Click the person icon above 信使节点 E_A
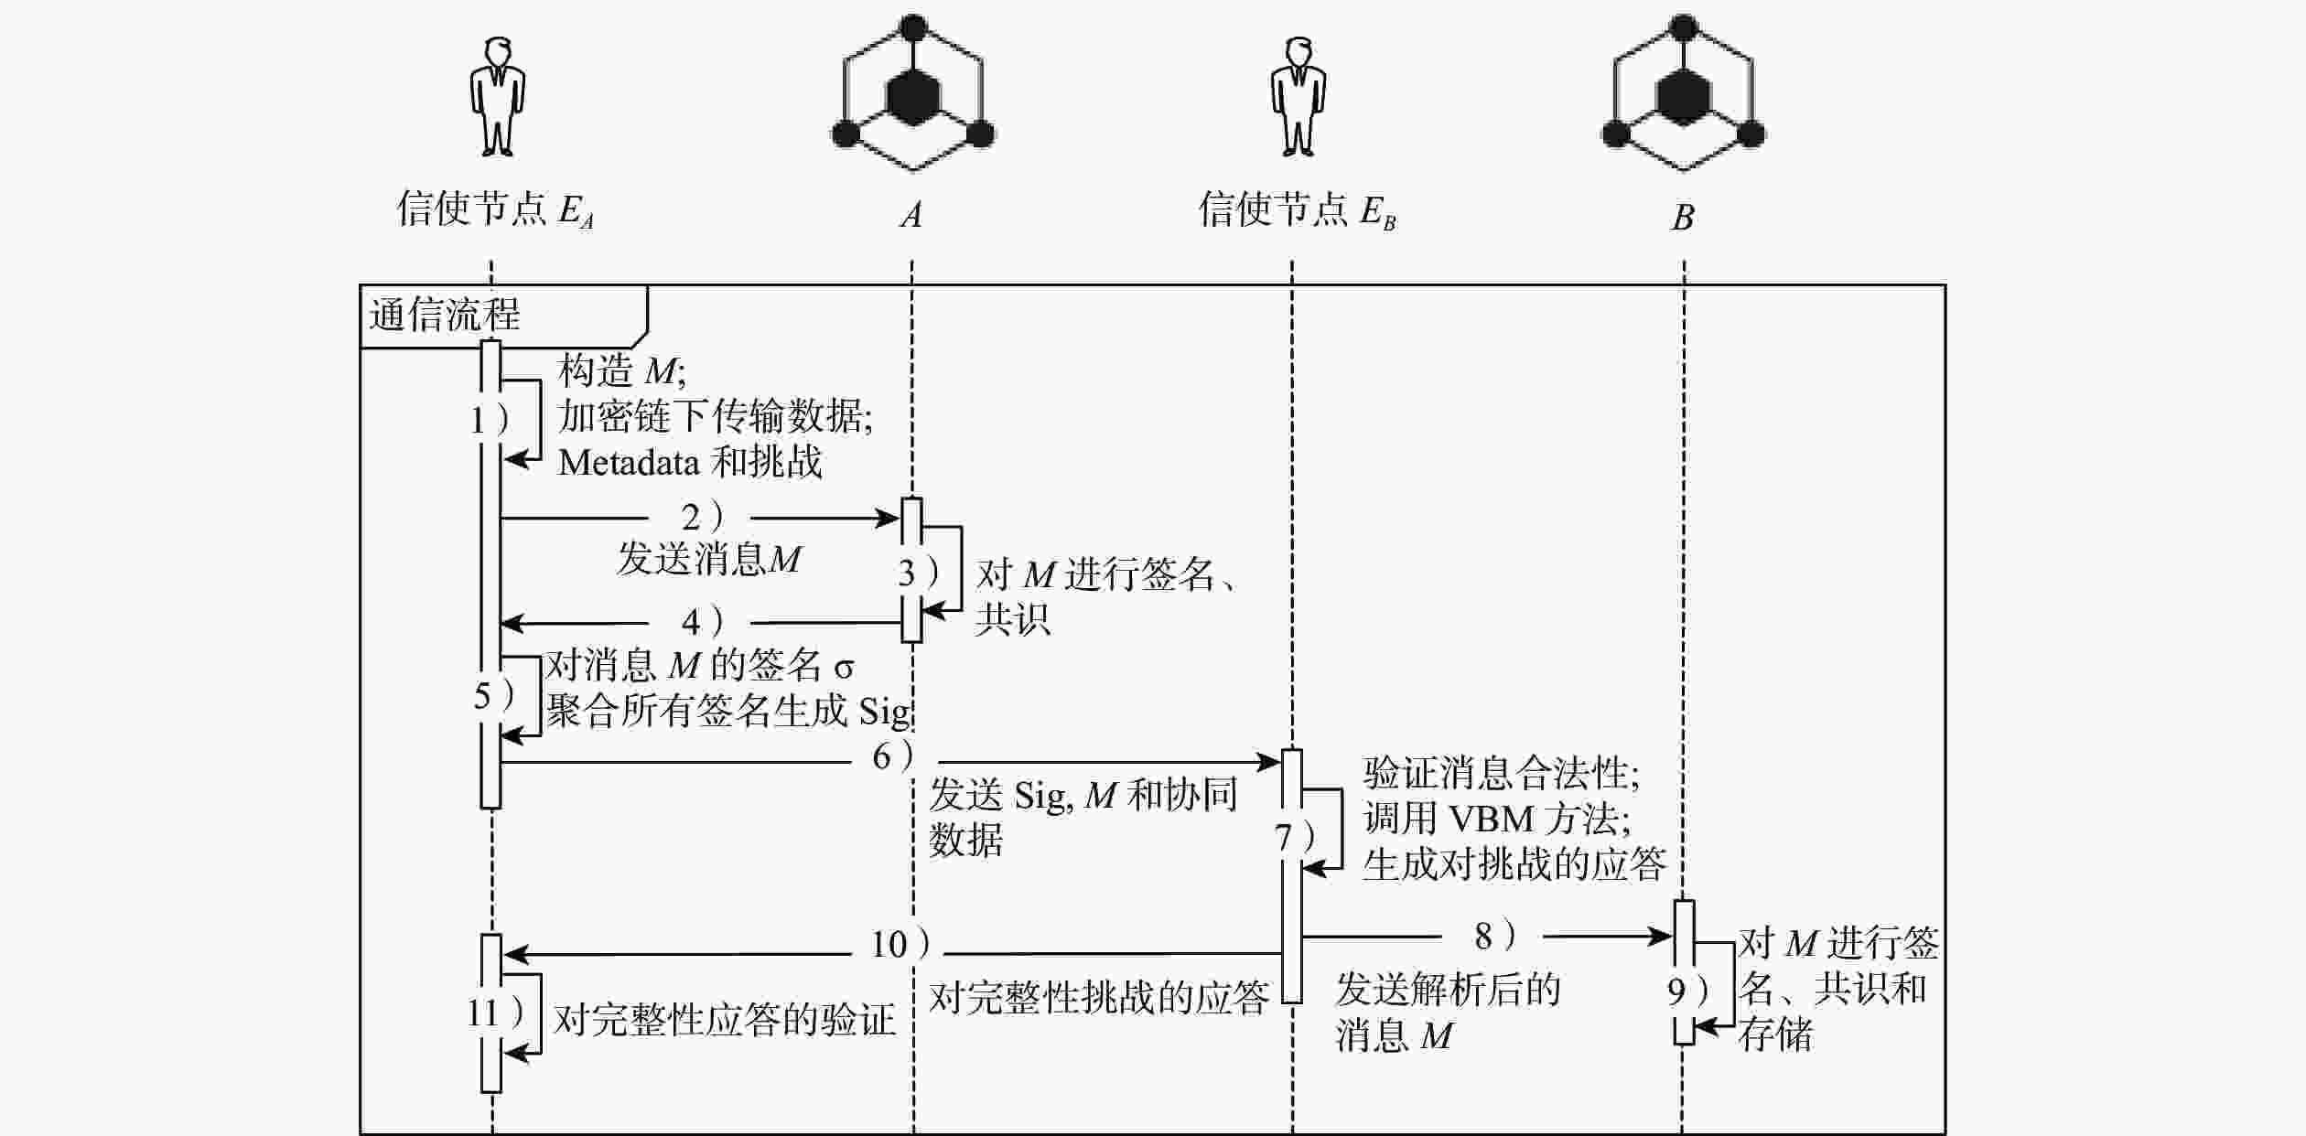pos(498,96)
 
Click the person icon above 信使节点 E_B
pos(1298,96)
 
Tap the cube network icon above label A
pos(912,94)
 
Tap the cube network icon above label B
pos(1683,94)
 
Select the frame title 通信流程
pos(445,316)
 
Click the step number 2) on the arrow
pos(702,518)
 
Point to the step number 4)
pos(702,622)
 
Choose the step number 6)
pos(892,756)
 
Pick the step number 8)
pos(1494,936)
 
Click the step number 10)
pos(900,944)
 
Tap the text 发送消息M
pos(709,559)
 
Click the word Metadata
pos(629,463)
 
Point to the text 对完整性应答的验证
pos(724,1019)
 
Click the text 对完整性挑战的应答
pos(1099,997)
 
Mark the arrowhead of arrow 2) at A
pos(889,519)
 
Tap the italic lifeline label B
pos(1683,218)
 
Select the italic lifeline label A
pos(911,215)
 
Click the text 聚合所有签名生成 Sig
pos(727,711)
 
